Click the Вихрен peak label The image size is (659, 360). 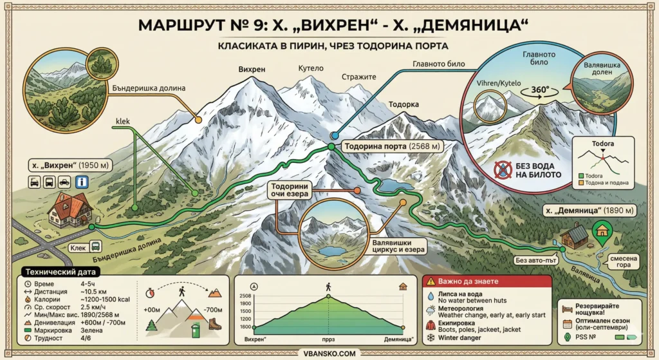252,70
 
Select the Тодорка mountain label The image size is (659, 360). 404,104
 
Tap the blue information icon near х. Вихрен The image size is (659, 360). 82,182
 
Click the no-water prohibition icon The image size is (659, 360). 503,169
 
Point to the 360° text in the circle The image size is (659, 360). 539,90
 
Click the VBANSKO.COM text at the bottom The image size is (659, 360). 329,352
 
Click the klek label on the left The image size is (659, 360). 123,120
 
